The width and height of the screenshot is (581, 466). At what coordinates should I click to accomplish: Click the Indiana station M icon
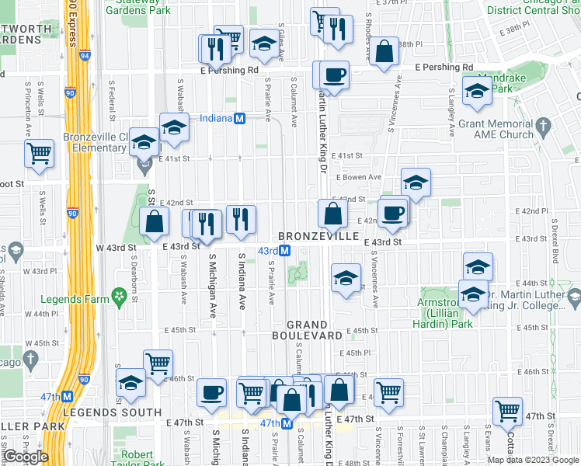coord(240,119)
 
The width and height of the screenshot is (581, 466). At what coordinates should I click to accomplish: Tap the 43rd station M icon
coord(285,251)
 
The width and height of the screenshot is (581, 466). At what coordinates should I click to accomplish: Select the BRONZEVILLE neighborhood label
coord(319,235)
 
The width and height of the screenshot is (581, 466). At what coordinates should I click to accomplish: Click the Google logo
coord(26,456)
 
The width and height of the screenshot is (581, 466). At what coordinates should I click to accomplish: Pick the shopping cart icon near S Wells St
coord(39,152)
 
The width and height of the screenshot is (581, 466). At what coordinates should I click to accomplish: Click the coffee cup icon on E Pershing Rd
coord(335,75)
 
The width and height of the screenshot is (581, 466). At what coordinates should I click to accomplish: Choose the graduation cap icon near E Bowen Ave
coord(416,183)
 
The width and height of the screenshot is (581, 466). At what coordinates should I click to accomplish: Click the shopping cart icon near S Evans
coord(508,411)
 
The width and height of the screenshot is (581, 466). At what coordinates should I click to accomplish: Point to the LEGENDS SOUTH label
coord(112,412)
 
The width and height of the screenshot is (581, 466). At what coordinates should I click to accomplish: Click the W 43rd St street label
coord(116,247)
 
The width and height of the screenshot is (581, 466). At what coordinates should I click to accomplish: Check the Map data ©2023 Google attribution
coord(532,459)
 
